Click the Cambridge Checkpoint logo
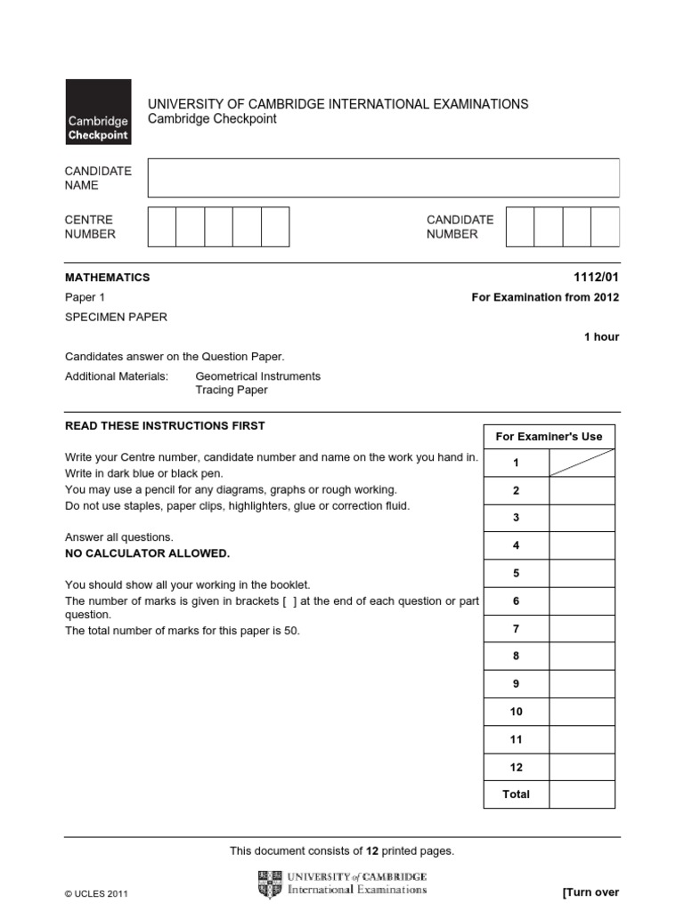coord(98,112)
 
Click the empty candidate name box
coord(383,177)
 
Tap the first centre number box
coord(161,227)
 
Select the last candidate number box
coord(605,227)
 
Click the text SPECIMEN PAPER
coord(116,317)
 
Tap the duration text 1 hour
coord(601,337)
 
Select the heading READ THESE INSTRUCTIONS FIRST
coord(165,425)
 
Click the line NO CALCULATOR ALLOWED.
coord(148,553)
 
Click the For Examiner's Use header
coord(549,436)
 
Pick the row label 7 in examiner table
coord(517,628)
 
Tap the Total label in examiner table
coord(517,794)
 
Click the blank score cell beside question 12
coord(582,767)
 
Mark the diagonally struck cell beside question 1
coord(582,463)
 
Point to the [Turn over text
coord(590,892)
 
